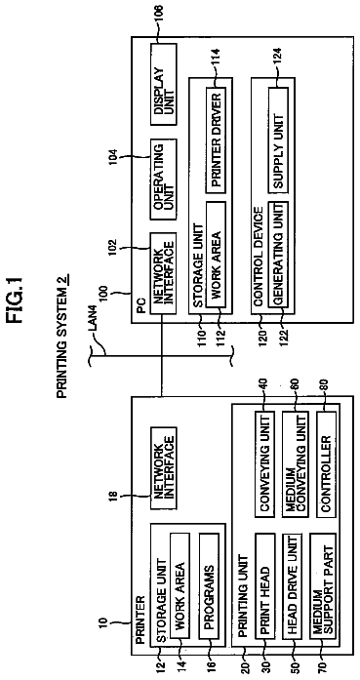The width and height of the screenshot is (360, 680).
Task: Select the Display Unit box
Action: (x=164, y=84)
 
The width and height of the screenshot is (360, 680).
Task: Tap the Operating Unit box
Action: (x=164, y=180)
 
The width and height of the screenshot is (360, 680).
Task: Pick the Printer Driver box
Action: (x=216, y=140)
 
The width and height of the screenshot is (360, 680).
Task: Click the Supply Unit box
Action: (x=278, y=140)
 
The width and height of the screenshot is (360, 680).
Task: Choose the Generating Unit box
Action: (x=278, y=255)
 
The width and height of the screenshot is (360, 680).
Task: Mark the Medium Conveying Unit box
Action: (x=296, y=464)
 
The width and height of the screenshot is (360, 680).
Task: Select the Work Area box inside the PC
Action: (x=216, y=255)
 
